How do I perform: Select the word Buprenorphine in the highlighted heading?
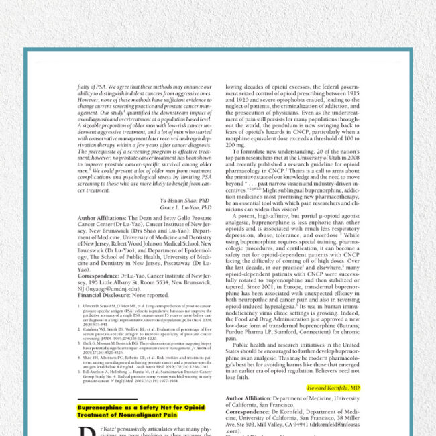click(x=101, y=407)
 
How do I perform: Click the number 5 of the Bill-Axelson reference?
click(x=80, y=360)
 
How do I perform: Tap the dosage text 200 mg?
click(x=236, y=144)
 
